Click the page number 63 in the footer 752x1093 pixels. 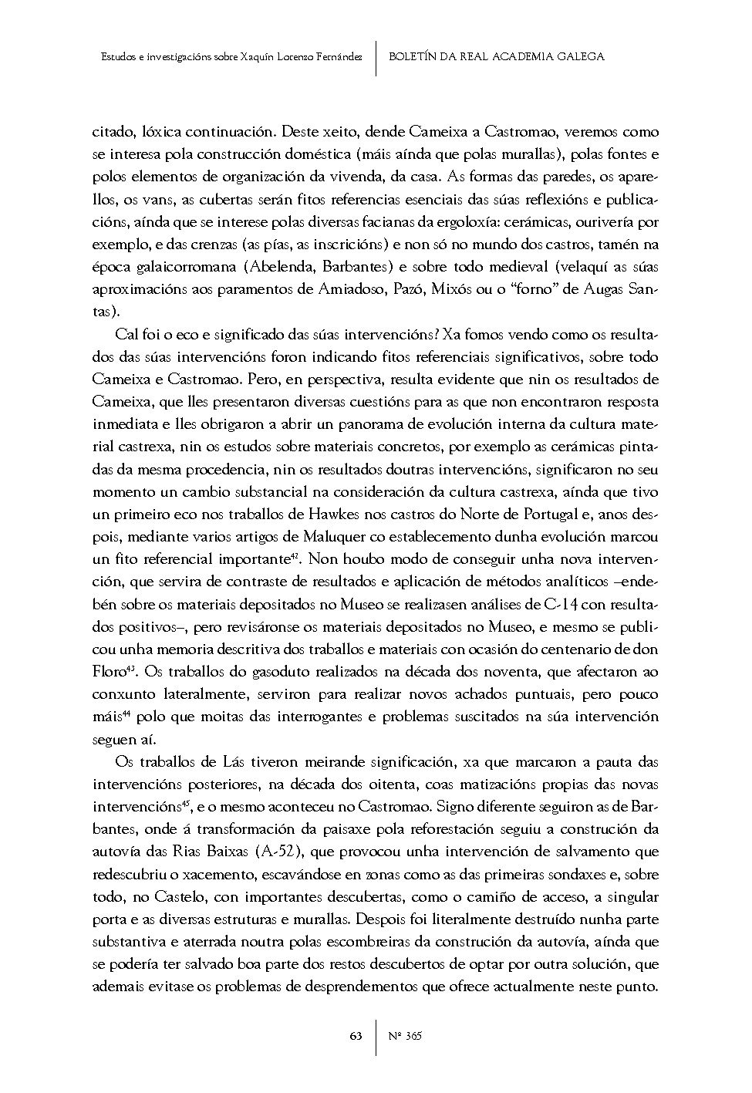356,1036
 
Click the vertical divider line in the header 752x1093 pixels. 376,57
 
